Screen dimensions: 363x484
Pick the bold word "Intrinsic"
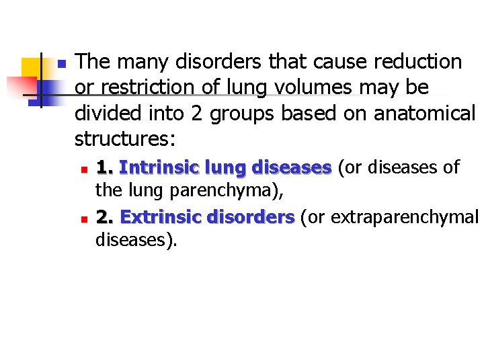pos(159,167)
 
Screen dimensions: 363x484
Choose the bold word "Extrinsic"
pos(161,217)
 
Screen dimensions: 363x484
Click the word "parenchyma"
pos(223,190)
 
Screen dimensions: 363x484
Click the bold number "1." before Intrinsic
pos(104,167)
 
